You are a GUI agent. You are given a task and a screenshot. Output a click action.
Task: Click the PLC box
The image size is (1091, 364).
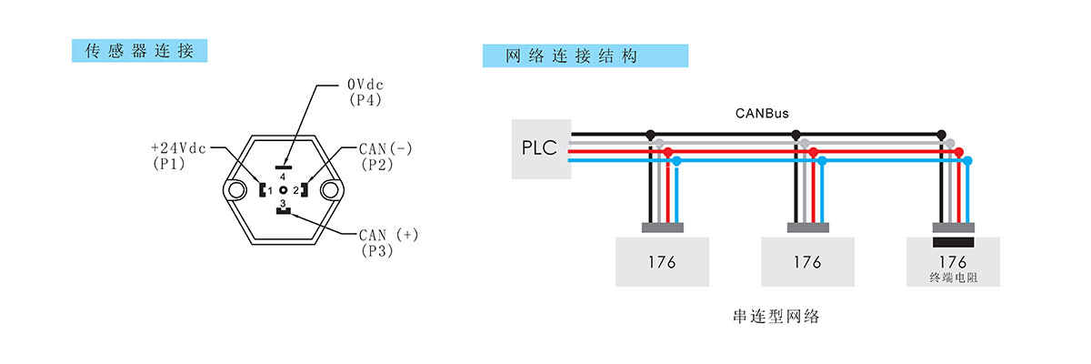click(541, 148)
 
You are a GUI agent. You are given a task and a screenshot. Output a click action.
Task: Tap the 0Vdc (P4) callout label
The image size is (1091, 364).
click(365, 91)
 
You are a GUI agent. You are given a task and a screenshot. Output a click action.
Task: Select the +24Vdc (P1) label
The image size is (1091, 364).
click(179, 154)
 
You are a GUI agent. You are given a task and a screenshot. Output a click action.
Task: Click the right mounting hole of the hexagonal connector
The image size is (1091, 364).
click(329, 190)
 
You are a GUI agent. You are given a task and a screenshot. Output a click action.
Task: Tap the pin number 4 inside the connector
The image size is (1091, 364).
click(283, 177)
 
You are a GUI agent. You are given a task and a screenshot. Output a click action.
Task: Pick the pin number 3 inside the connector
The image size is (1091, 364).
click(283, 203)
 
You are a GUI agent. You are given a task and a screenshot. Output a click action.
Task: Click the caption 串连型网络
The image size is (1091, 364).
click(776, 317)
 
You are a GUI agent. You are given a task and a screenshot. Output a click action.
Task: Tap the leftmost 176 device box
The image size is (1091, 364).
click(662, 262)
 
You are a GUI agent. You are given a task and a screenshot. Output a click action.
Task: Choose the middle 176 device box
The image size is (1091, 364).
click(807, 262)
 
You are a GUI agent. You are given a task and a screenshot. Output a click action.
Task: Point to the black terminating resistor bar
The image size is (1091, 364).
click(954, 242)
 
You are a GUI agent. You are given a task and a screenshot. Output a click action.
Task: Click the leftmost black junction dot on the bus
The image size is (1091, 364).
click(650, 135)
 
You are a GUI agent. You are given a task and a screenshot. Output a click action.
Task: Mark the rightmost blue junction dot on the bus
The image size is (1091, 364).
click(967, 161)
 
